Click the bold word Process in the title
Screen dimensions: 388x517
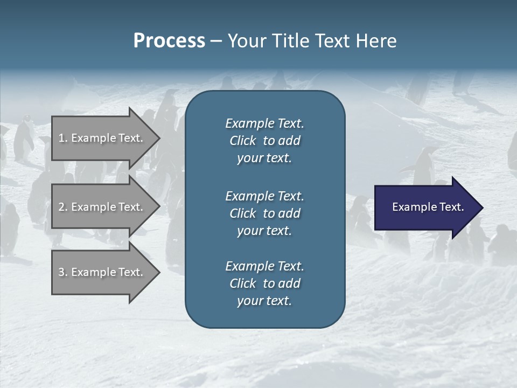169,41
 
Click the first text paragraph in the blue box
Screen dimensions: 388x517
264,141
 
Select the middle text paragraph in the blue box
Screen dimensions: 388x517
264,213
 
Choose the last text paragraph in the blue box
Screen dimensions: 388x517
264,283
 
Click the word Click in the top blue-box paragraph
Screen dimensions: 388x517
243,141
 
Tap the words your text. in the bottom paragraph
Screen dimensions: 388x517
264,301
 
